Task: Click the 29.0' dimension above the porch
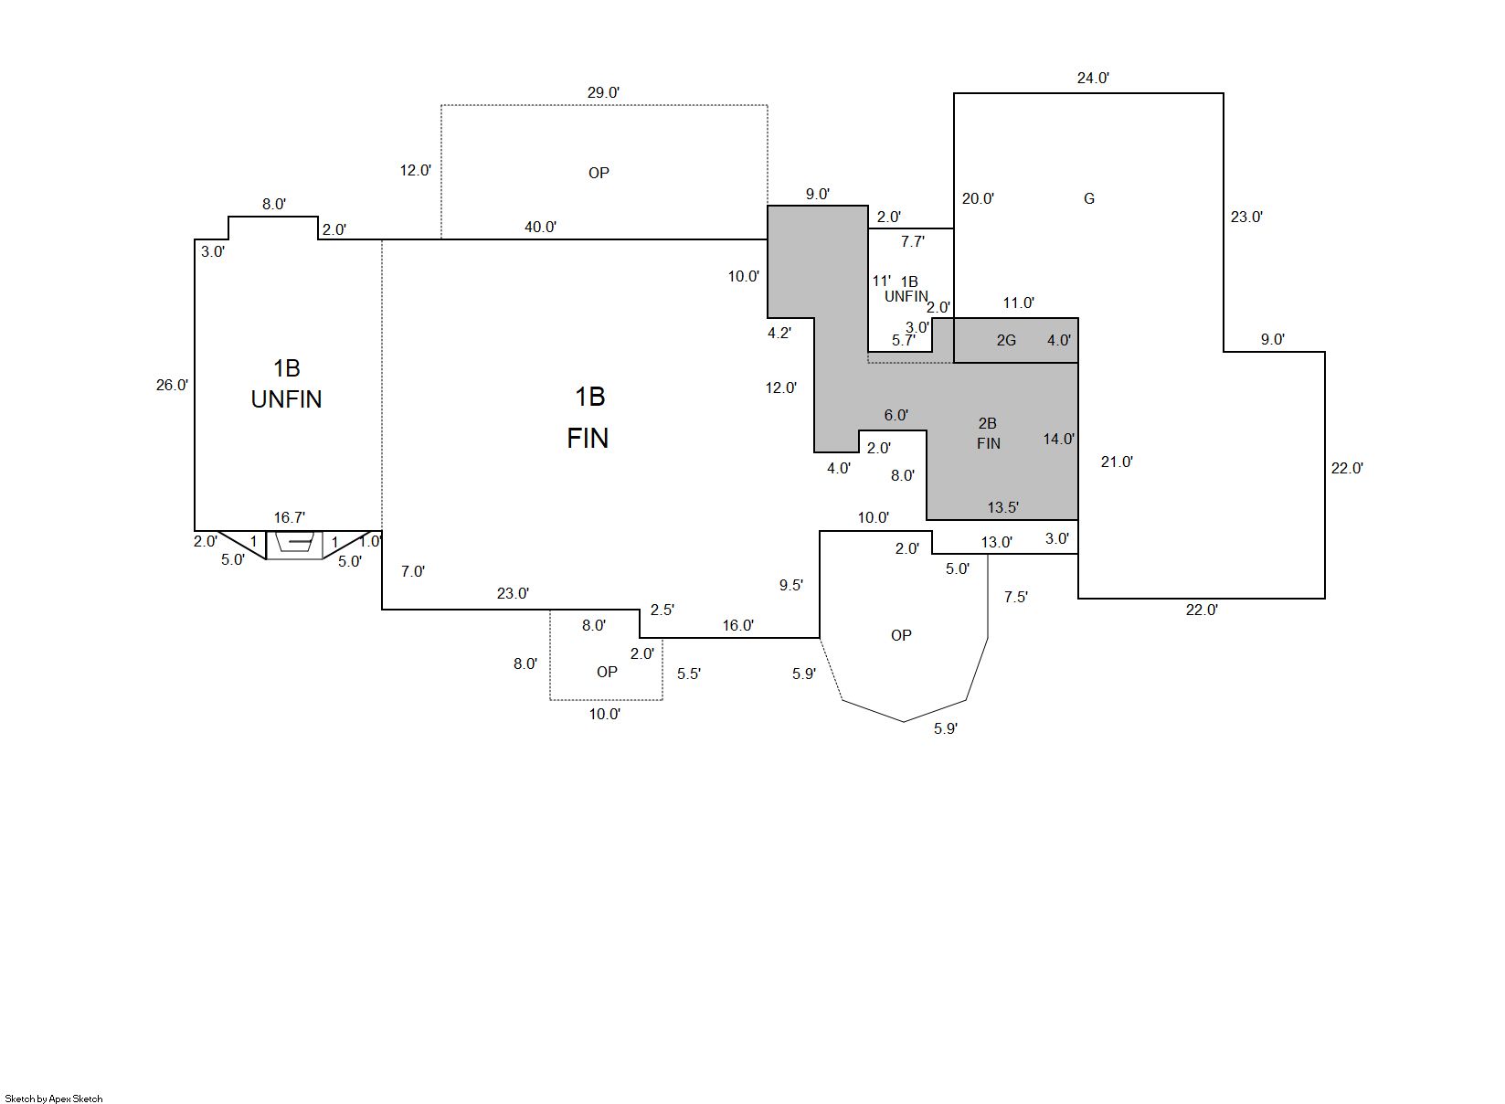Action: tap(603, 92)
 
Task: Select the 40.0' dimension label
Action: tap(540, 228)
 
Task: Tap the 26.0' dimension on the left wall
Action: tap(172, 385)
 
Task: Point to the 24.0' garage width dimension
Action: tap(1093, 78)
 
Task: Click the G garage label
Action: tap(1089, 198)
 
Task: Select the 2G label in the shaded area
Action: tap(1006, 341)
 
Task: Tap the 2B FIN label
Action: tap(988, 433)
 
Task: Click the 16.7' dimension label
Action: tap(290, 517)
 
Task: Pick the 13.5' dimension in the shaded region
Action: tap(1002, 507)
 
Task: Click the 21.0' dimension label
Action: tap(1117, 462)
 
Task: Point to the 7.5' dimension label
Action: tap(1016, 597)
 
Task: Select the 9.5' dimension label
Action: tap(790, 585)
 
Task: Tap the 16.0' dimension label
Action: tap(737, 626)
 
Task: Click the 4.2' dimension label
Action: tap(779, 333)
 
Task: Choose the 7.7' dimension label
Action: tap(912, 242)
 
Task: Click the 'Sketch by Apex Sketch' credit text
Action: tap(54, 1099)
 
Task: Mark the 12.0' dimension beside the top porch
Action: tap(415, 171)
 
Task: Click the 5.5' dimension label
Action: tap(689, 674)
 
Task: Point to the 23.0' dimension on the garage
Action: tap(1246, 217)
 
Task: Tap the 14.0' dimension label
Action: tap(1058, 439)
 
